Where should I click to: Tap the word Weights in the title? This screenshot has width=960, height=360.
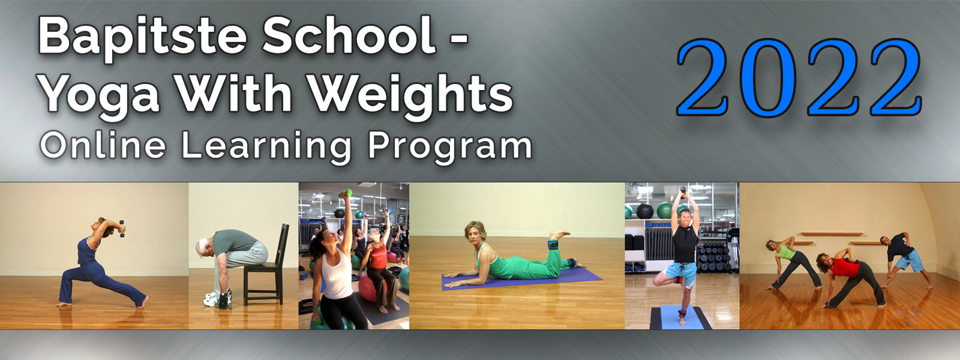tap(410, 96)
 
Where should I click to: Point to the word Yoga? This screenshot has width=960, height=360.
tap(100, 96)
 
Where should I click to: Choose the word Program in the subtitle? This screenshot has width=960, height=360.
tap(450, 148)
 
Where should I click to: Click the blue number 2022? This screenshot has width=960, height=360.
tap(800, 78)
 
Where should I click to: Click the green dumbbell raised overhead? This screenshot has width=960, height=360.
tap(346, 194)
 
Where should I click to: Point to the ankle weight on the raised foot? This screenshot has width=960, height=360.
tap(553, 245)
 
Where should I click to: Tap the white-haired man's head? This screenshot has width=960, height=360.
tap(203, 248)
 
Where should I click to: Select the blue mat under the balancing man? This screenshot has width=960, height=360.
tap(680, 317)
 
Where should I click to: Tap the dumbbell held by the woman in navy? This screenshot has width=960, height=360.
tap(122, 229)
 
